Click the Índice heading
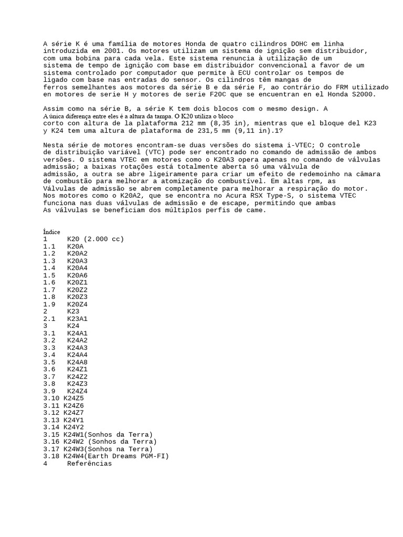click(51, 232)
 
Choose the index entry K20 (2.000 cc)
click(96, 239)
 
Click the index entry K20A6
click(78, 275)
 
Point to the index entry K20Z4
click(78, 304)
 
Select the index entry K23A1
click(78, 319)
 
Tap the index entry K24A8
click(78, 362)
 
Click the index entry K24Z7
click(73, 413)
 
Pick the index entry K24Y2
click(73, 427)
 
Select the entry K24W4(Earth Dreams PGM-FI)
click(116, 456)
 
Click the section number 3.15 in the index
click(51, 435)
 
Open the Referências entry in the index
click(89, 464)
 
